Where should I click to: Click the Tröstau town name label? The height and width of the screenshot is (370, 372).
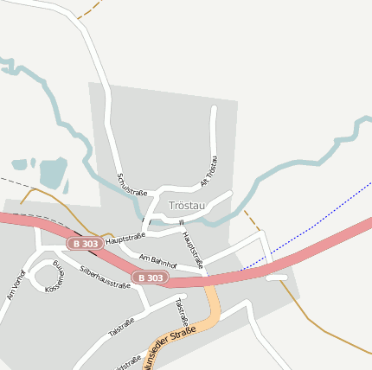point(188,206)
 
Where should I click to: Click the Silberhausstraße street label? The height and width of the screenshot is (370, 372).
point(104,277)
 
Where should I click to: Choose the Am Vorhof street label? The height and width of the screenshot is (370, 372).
point(16,284)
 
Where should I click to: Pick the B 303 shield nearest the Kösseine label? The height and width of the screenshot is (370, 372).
point(87,244)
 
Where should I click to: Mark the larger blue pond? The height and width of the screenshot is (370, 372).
point(53,172)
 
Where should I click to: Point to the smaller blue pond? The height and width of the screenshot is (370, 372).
point(20,164)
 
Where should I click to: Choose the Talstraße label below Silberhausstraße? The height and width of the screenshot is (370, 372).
point(121,327)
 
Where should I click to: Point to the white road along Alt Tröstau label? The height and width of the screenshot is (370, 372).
point(215,138)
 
